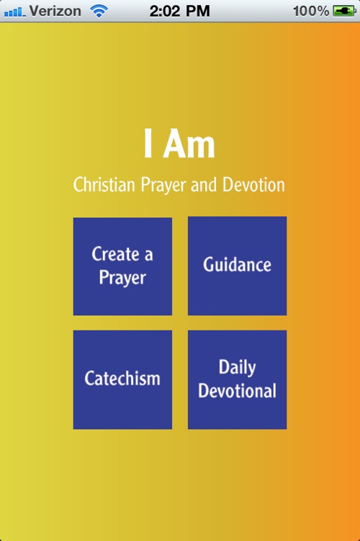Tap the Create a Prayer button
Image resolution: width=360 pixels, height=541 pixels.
122,266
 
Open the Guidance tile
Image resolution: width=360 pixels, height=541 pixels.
237,265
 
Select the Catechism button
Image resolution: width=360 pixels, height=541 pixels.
122,379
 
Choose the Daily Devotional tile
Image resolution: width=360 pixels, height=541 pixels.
237,379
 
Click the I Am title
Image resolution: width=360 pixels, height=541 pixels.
179,145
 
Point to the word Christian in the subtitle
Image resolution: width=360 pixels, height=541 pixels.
104,185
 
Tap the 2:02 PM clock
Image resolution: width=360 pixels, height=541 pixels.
179,11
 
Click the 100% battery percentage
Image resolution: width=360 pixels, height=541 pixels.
311,11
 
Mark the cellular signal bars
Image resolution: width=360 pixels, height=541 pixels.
14,12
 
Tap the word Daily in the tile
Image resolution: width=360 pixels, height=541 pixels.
237,367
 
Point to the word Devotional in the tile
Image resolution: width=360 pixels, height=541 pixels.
237,391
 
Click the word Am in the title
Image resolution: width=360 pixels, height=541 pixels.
189,145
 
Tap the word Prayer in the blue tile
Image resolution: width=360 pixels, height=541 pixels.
122,278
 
